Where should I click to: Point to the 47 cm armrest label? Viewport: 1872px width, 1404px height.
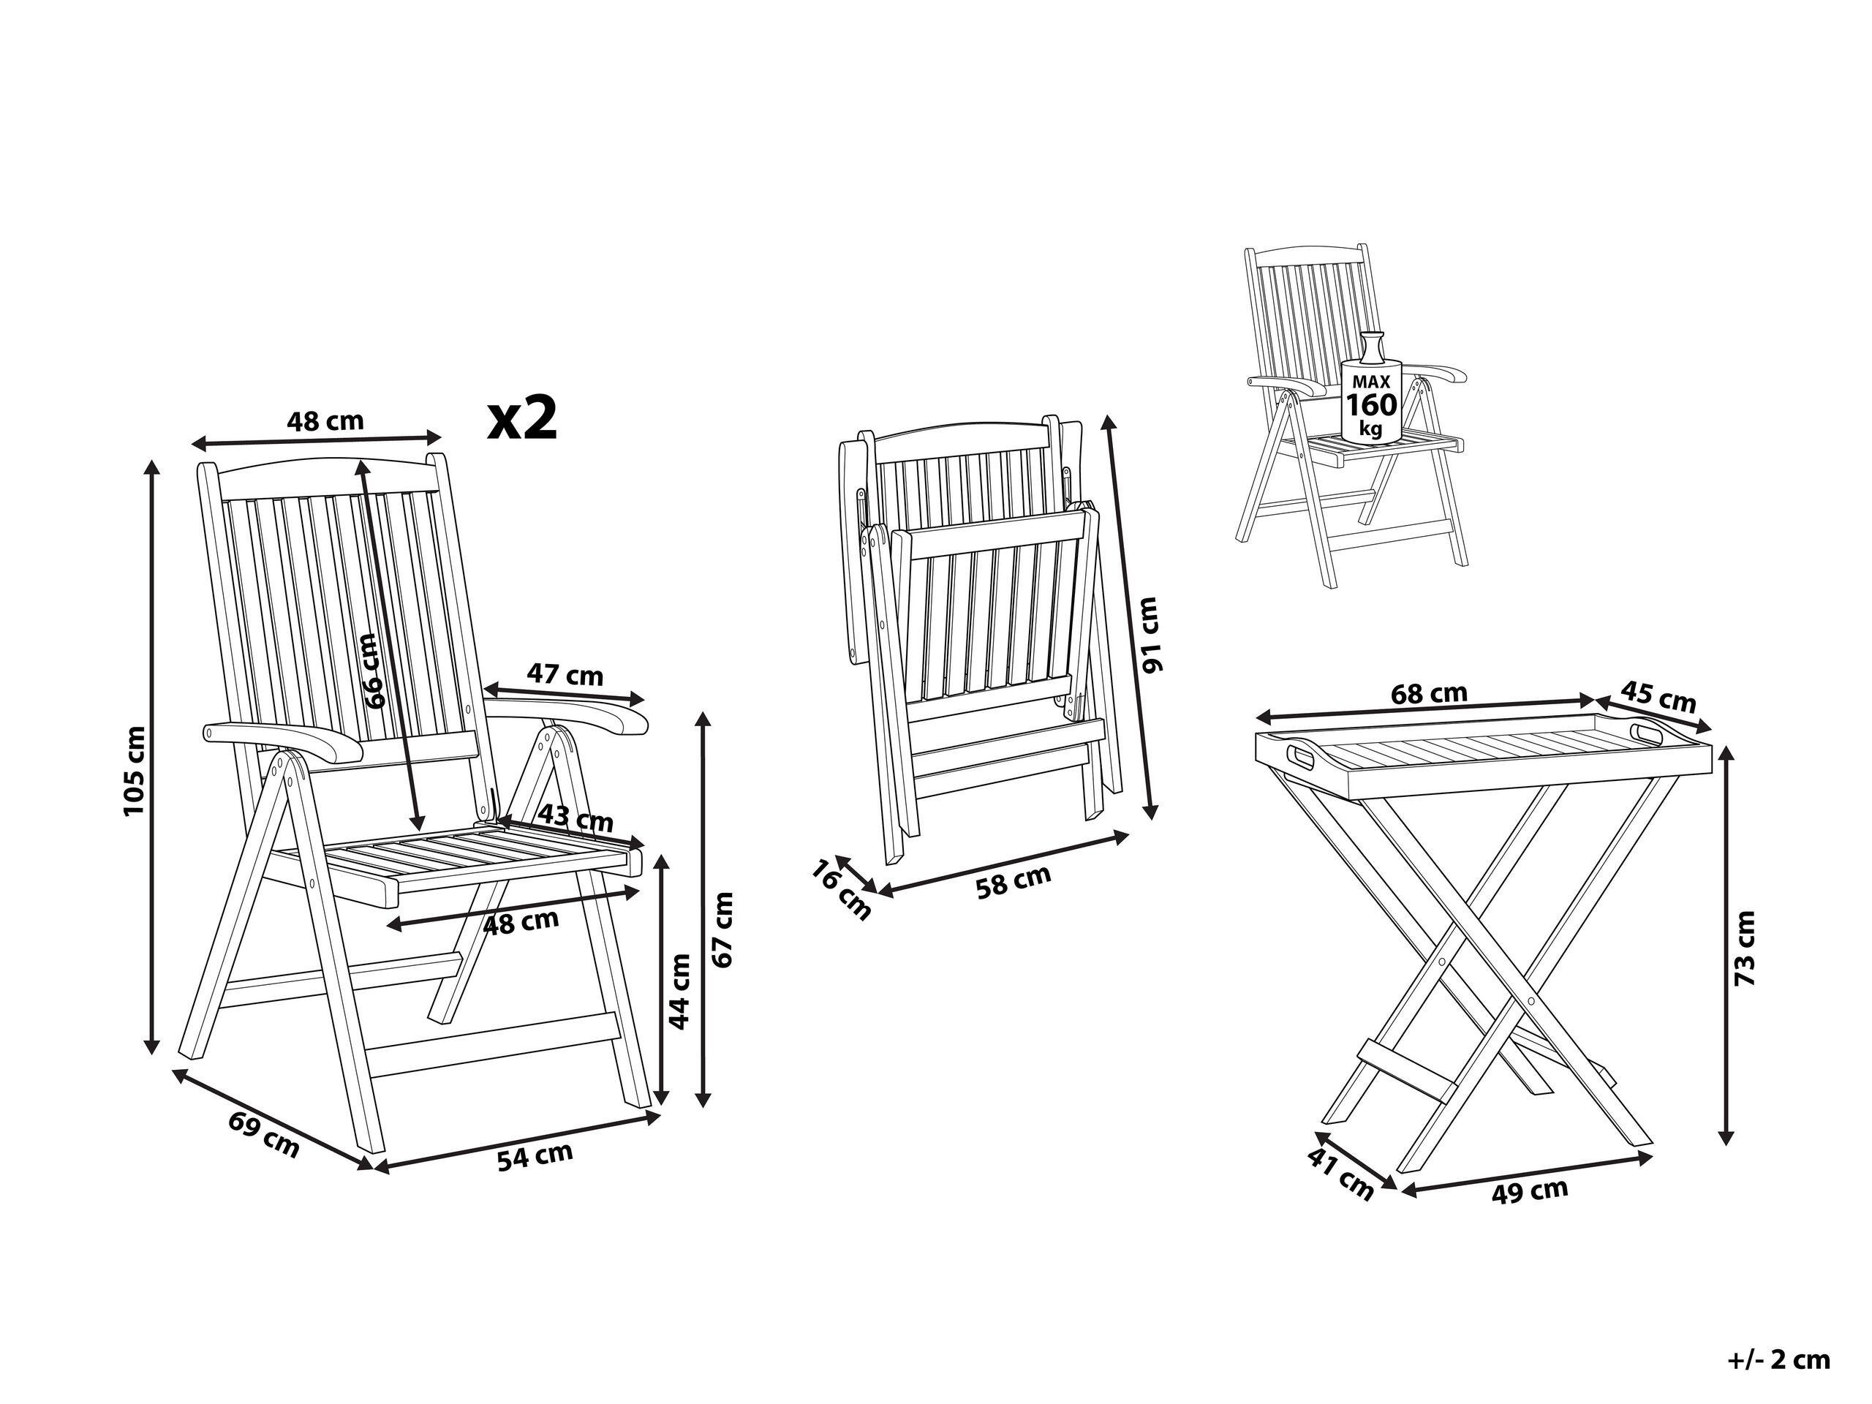565,676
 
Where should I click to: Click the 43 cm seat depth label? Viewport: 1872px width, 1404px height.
576,819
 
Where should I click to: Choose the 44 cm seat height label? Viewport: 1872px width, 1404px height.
680,989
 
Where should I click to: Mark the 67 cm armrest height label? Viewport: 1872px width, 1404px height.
724,929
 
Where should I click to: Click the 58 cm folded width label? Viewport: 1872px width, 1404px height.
1013,882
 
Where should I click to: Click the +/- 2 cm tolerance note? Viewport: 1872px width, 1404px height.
1779,1336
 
